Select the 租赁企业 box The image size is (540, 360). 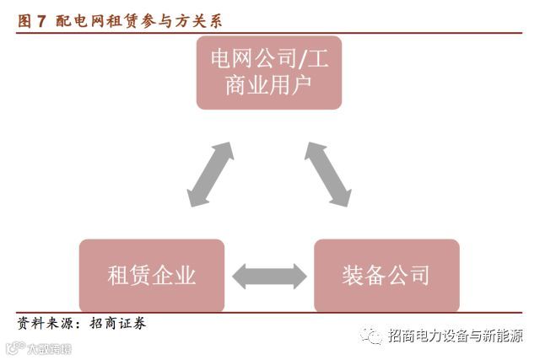pyautogui.click(x=152, y=276)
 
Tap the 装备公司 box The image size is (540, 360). pyautogui.click(x=386, y=276)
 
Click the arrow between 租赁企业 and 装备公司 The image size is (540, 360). pyautogui.click(x=269, y=274)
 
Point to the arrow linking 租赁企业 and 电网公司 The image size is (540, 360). pyautogui.click(x=211, y=174)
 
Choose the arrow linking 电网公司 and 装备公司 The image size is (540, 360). pyautogui.click(x=327, y=174)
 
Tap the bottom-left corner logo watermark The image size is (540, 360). pyautogui.click(x=38, y=348)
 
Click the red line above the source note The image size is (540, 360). pyautogui.click(x=269, y=313)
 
